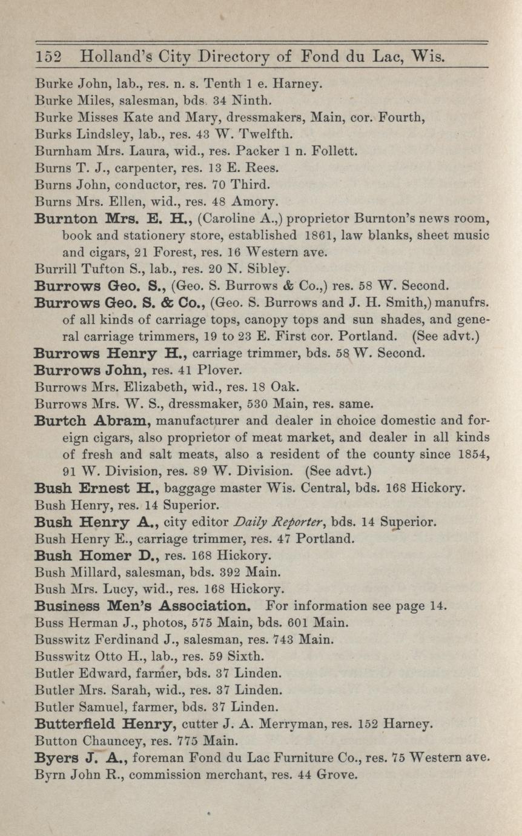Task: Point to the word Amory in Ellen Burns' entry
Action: coord(259,201)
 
